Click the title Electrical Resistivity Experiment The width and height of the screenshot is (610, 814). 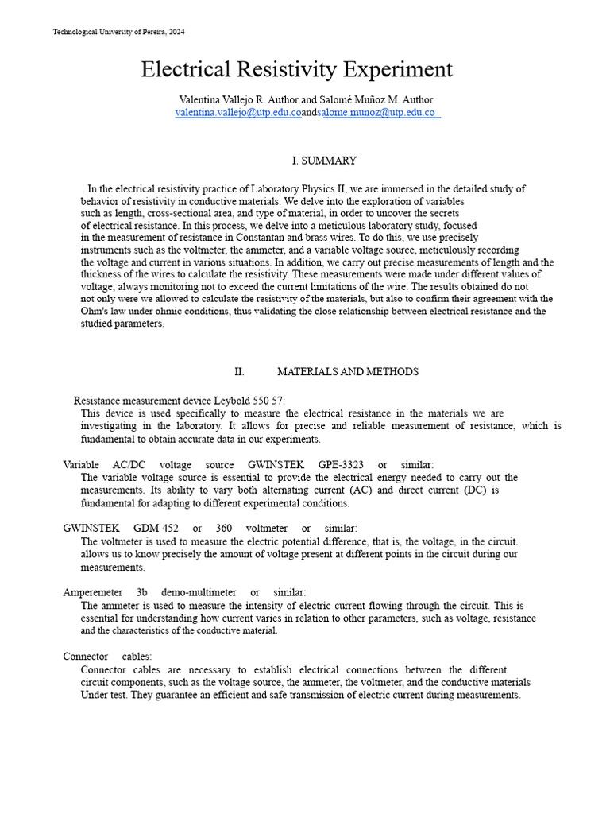296,70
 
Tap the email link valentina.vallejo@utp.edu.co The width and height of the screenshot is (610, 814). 237,113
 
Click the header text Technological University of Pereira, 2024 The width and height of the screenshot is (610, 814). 118,32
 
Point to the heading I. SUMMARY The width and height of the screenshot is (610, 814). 324,161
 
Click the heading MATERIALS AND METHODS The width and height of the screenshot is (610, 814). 347,372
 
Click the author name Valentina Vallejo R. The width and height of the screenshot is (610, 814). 225,99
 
